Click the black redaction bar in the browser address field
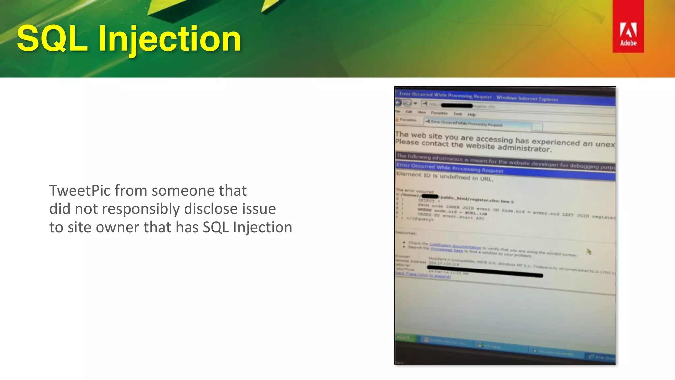tap(457, 106)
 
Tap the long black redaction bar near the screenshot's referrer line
tap(484, 271)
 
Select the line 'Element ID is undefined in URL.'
tap(445, 177)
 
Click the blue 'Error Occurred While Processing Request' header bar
tap(450, 168)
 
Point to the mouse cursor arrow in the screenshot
tap(589, 252)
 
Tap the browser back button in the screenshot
tap(398, 103)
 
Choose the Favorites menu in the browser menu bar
tap(439, 113)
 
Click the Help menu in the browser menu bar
tap(472, 115)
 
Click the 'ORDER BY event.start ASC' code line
tap(450, 216)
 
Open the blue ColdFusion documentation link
tap(455, 246)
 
